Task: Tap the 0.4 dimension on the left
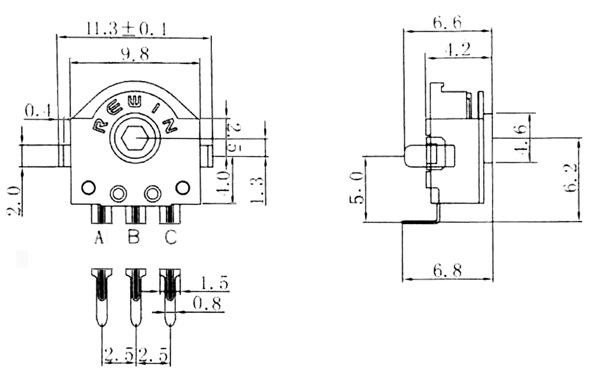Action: point(38,111)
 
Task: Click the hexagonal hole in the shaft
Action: point(135,137)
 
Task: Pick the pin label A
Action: point(99,238)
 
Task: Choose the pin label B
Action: point(133,238)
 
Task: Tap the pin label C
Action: point(170,238)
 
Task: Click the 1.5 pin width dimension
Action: point(214,283)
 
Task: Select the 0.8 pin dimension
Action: point(207,304)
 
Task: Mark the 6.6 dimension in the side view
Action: point(447,23)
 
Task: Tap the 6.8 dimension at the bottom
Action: point(448,271)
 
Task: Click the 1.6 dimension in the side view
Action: point(520,139)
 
